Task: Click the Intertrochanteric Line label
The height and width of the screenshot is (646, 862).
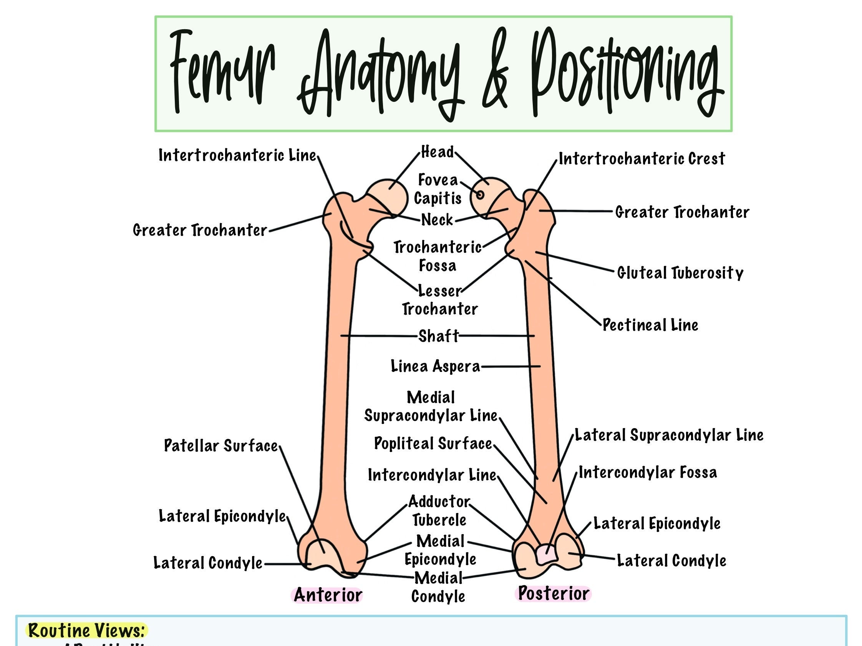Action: coord(237,156)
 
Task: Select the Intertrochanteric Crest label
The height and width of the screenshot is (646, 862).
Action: coord(642,159)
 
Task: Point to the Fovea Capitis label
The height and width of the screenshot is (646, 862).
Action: coord(438,189)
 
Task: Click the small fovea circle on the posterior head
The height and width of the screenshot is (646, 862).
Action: coord(480,194)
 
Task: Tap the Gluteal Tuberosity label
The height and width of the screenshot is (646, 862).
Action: coord(680,272)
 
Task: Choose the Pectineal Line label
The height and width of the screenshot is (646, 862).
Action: coord(650,325)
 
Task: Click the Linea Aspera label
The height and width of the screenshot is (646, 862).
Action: coord(435,366)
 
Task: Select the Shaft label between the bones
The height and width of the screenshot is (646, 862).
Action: coord(438,336)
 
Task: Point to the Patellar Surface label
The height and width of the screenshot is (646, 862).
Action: coord(220,446)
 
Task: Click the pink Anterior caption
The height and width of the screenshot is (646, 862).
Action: coord(327,595)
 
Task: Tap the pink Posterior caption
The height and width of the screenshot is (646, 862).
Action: coord(553,593)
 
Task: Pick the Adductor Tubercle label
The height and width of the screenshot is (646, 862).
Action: coord(439,511)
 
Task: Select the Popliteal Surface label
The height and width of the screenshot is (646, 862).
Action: coord(433,443)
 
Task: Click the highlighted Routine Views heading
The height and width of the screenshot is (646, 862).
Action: coord(86,630)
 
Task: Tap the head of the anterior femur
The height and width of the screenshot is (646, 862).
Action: coord(387,196)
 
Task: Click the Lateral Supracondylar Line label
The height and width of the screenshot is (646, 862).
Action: coord(669,435)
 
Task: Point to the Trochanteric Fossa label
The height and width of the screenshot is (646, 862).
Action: coord(438,256)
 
